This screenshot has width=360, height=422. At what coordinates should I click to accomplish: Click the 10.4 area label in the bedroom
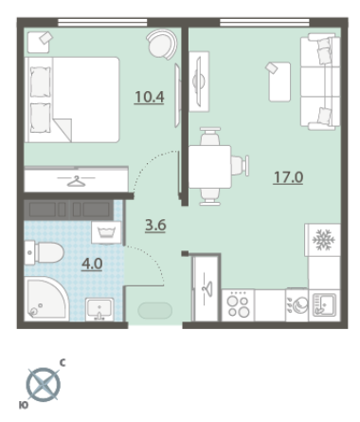pyautogui.click(x=150, y=97)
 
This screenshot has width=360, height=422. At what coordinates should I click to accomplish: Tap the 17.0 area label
pyautogui.click(x=288, y=177)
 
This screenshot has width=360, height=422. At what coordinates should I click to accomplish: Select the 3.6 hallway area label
pyautogui.click(x=155, y=226)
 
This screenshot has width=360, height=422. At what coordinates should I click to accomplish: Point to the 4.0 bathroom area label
pyautogui.click(x=92, y=264)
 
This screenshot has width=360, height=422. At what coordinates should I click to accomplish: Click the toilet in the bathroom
pyautogui.click(x=45, y=252)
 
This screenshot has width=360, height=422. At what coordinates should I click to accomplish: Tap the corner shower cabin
pyautogui.click(x=46, y=299)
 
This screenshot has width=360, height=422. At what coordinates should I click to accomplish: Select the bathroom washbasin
pyautogui.click(x=99, y=309)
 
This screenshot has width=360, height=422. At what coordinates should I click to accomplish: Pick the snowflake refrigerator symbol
pyautogui.click(x=323, y=240)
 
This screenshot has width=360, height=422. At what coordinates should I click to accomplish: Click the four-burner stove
pyautogui.click(x=238, y=305)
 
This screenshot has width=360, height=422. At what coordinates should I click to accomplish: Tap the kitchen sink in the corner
pyautogui.click(x=324, y=305)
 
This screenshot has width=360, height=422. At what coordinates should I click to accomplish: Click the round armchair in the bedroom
pyautogui.click(x=162, y=45)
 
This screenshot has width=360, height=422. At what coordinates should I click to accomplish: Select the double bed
pyautogui.click(x=72, y=100)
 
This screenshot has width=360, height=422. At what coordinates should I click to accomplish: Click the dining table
pyautogui.click(x=210, y=167)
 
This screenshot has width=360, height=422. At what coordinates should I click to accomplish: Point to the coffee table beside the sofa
pyautogui.click(x=279, y=82)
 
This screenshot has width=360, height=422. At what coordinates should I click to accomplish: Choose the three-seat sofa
pyautogui.click(x=320, y=82)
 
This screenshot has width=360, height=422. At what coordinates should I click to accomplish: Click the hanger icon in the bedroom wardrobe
pyautogui.click(x=77, y=181)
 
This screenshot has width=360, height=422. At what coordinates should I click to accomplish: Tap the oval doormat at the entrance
pyautogui.click(x=155, y=310)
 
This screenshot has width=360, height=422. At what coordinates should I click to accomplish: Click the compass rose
pyautogui.click(x=43, y=385)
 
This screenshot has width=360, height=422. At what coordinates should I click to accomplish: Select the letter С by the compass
pyautogui.click(x=63, y=363)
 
